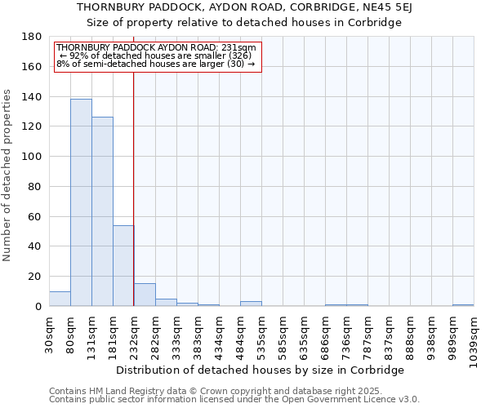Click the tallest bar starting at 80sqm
81,202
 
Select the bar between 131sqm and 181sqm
102,211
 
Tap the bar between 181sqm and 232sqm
123,265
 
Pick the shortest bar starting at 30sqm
60,299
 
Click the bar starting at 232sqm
145,295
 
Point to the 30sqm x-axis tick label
50,332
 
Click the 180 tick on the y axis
33,37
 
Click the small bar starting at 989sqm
463,304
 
